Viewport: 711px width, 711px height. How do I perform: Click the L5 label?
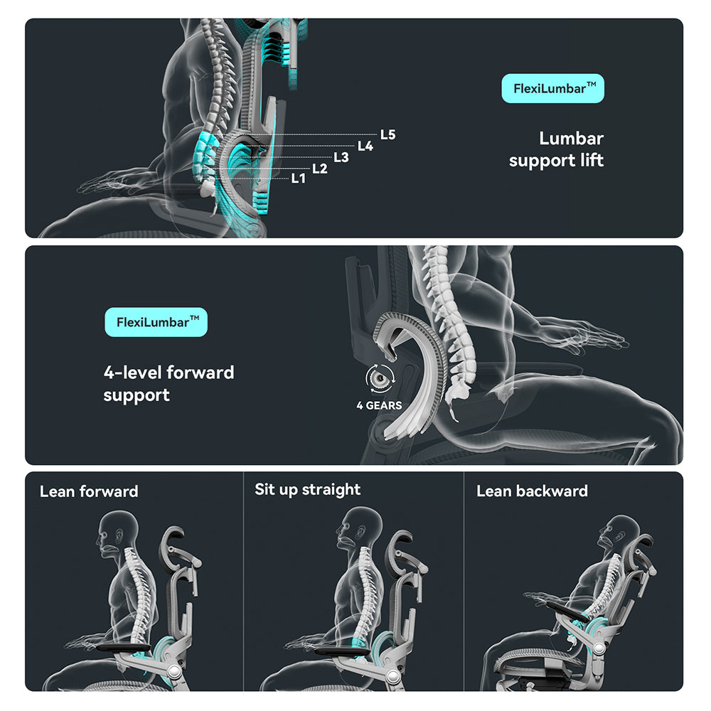point(387,134)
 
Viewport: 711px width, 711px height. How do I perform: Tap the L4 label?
point(365,146)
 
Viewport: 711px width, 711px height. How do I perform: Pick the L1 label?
point(299,179)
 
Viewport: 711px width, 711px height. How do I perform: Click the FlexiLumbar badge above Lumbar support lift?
point(553,89)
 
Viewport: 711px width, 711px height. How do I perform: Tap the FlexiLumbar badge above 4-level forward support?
point(156,322)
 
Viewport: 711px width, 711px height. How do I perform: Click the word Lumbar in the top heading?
point(571,139)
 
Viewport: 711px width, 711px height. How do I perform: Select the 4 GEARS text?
point(379,406)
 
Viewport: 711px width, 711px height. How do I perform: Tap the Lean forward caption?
point(89,491)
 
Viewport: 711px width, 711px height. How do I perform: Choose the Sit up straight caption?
point(307,490)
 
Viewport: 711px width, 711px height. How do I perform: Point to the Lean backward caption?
point(532,491)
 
